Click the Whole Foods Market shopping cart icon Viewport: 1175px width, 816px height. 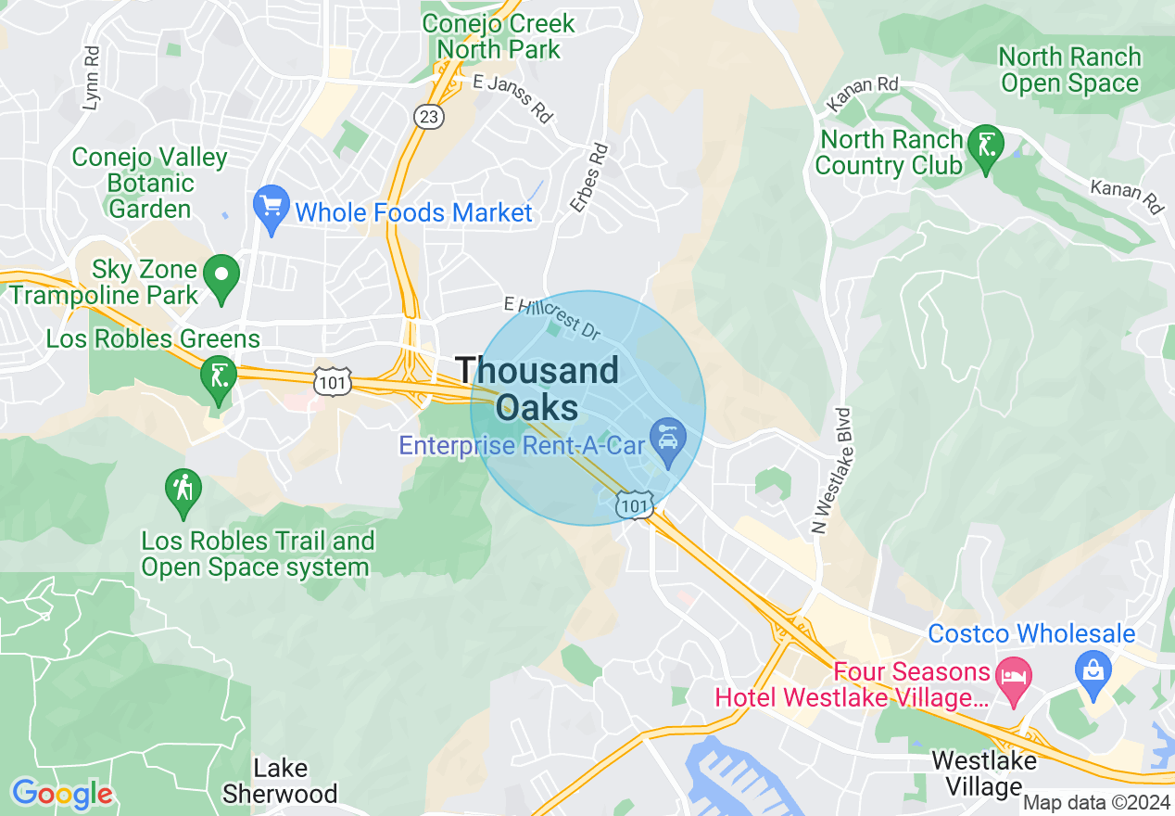[x=272, y=210]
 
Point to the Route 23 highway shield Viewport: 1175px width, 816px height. [x=428, y=116]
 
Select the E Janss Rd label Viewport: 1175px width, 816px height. [x=512, y=97]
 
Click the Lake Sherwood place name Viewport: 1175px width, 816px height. [x=280, y=781]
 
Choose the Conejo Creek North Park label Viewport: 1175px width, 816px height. [x=499, y=35]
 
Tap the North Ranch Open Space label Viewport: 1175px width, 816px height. [x=1069, y=70]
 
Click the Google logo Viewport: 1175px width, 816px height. [x=62, y=794]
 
